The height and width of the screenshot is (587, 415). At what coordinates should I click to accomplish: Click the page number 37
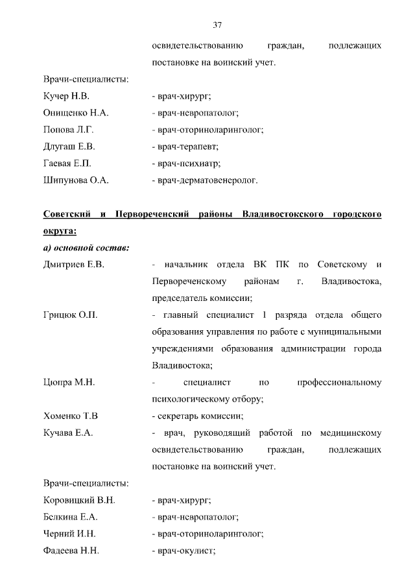[x=217, y=25]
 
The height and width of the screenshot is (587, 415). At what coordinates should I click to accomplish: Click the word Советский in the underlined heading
[x=67, y=213]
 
